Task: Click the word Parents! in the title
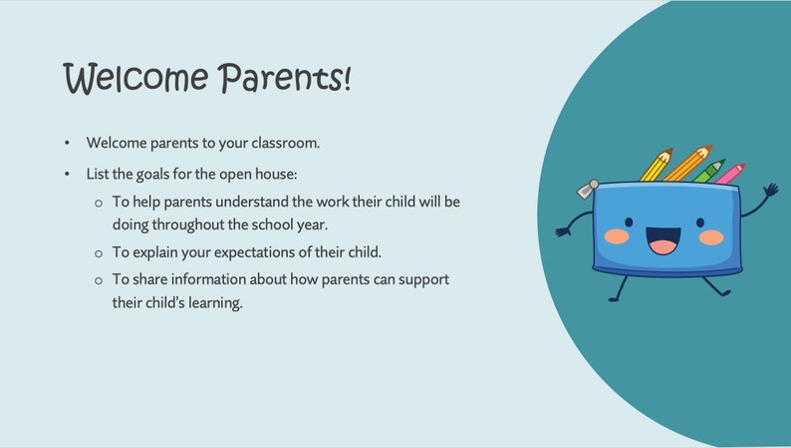click(x=285, y=78)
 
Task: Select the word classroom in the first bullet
click(x=283, y=143)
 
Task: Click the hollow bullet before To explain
click(x=98, y=252)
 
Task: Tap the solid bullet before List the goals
click(x=67, y=175)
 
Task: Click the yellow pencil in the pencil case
click(x=657, y=166)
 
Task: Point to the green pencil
click(x=709, y=172)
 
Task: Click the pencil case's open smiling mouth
click(x=663, y=240)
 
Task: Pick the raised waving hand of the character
click(x=769, y=189)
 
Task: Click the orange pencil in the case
click(x=687, y=164)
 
